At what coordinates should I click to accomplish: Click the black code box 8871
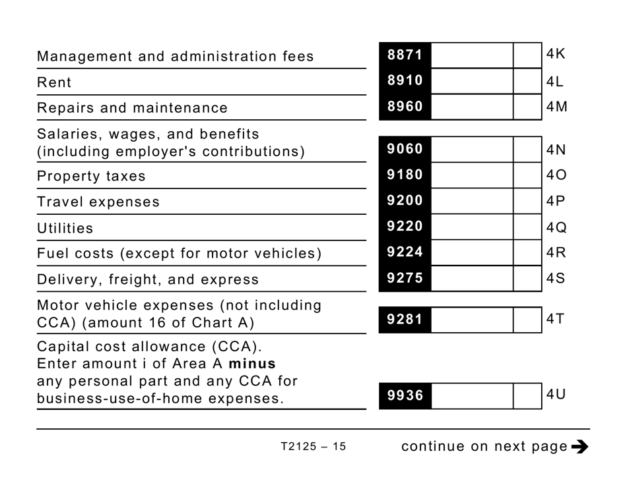point(405,56)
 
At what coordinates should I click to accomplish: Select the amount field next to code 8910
point(472,82)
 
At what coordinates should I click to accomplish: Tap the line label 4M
point(556,107)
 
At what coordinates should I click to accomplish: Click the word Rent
point(54,82)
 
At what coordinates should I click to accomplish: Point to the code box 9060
point(405,150)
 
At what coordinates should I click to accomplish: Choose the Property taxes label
point(91,177)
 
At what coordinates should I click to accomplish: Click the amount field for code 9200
point(472,201)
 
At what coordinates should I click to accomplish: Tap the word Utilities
point(65,229)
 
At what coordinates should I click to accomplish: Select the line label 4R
point(556,252)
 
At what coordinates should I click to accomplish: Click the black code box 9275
point(405,278)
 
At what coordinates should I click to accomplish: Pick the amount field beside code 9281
point(472,320)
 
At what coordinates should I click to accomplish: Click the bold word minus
point(252,364)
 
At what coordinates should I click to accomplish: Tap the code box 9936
point(405,395)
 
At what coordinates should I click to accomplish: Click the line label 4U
point(556,395)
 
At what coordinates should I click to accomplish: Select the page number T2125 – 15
point(313,447)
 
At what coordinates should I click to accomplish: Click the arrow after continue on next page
point(579,447)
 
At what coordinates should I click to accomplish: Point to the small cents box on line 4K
point(527,56)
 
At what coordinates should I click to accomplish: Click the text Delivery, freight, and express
point(148,279)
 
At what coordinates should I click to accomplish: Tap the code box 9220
point(405,227)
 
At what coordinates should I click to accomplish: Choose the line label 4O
point(556,175)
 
